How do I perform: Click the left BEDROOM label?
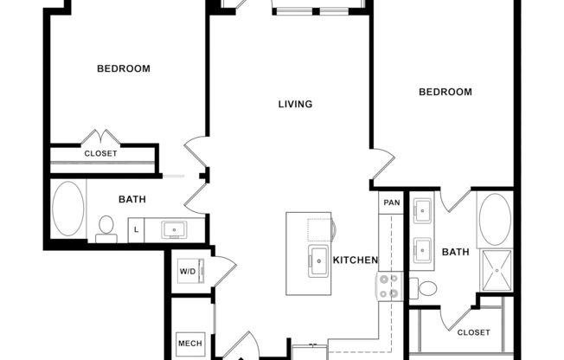[x=123, y=68]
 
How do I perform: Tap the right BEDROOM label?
[x=445, y=92]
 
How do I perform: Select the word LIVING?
[x=295, y=104]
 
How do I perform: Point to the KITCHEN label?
[x=356, y=260]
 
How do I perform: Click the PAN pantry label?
[x=392, y=202]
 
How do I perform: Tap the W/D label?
[x=188, y=271]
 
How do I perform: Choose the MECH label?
[x=189, y=344]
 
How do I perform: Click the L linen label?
[x=136, y=230]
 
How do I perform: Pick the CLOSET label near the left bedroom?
[x=100, y=154]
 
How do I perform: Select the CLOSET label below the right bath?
[x=473, y=332]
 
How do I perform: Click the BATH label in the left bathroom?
[x=132, y=199]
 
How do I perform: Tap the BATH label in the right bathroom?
[x=455, y=253]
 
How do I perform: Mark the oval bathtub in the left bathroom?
[x=68, y=210]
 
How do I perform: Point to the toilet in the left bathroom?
[x=107, y=227]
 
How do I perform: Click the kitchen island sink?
[x=317, y=259]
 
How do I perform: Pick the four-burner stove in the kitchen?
[x=388, y=286]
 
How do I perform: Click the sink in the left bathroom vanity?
[x=175, y=230]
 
